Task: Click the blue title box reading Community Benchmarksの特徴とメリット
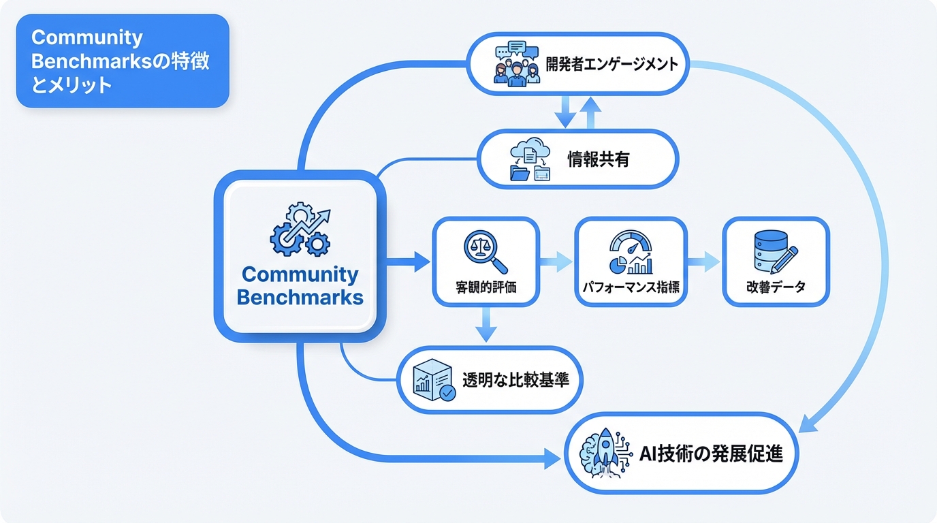(x=123, y=61)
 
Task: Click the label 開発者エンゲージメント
(x=612, y=65)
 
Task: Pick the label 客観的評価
(x=486, y=287)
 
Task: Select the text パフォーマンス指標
(x=631, y=287)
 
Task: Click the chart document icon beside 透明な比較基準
(x=434, y=380)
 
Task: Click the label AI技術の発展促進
(x=712, y=454)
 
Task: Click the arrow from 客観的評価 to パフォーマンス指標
(x=556, y=261)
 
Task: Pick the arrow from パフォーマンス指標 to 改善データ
(x=703, y=261)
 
